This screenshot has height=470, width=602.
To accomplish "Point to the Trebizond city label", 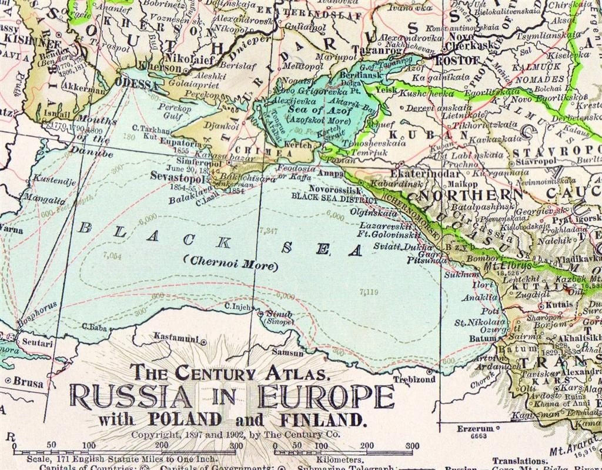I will coord(414,379).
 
